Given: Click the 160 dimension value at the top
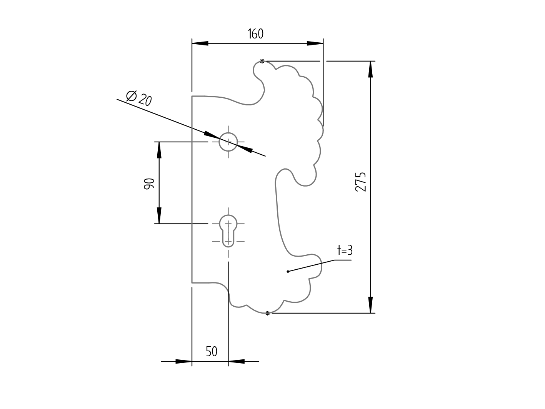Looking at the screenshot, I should [x=256, y=34].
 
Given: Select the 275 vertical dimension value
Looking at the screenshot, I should [x=360, y=182].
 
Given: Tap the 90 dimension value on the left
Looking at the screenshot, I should [x=149, y=183].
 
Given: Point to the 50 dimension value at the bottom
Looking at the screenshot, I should [x=212, y=351].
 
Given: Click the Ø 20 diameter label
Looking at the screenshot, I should [x=139, y=98].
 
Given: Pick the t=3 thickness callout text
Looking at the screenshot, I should [x=345, y=250].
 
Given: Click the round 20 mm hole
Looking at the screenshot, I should [x=228, y=142].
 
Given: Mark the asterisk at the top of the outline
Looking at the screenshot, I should [x=262, y=61].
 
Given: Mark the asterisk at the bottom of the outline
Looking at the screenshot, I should [x=268, y=313].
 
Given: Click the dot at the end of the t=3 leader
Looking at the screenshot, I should [x=288, y=272].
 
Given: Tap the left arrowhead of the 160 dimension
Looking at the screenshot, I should [x=200, y=43].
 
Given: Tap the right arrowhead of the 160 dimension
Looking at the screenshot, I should [x=315, y=43].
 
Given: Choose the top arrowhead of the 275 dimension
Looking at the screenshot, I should [x=370, y=69].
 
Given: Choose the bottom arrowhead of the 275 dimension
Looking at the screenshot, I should [x=370, y=305].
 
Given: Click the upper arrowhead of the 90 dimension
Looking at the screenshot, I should [x=159, y=150].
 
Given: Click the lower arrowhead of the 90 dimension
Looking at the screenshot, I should [x=159, y=215].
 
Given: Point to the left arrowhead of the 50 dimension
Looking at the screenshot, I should [x=184, y=361].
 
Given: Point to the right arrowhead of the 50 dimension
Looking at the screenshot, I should [x=236, y=361].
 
